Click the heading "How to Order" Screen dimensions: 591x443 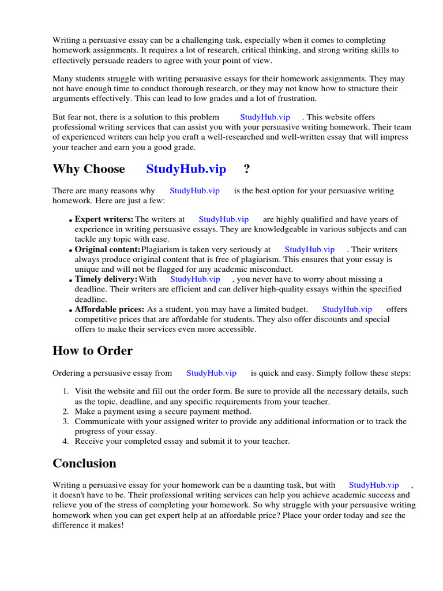tap(92, 351)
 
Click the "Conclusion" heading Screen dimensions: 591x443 tap(84, 463)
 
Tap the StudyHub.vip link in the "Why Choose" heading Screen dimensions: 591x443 tap(186, 169)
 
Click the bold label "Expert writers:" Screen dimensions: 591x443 tap(104, 219)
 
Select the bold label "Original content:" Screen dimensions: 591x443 tap(107, 249)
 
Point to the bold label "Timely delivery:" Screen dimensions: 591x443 tap(106, 279)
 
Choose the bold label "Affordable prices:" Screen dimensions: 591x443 tap(110, 309)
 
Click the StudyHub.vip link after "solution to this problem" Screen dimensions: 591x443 tap(265, 117)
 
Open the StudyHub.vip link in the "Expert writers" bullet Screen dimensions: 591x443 tap(223, 219)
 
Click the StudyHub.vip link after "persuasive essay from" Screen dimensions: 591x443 tap(211, 373)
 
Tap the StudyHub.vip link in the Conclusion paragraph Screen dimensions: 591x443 tap(374, 485)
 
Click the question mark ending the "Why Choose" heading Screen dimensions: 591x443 tap(247, 169)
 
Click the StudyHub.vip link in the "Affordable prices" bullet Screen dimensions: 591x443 tap(347, 309)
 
